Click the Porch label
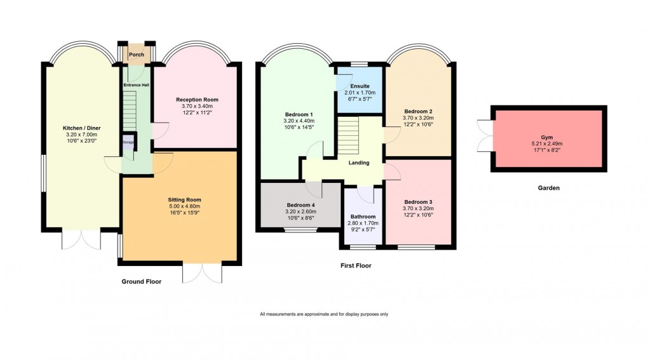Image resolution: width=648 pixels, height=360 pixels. tap(137, 55)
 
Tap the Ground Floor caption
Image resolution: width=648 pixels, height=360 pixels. tap(142, 281)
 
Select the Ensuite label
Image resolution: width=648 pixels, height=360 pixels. tap(360, 86)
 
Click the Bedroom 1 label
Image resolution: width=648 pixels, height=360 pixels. tap(296, 115)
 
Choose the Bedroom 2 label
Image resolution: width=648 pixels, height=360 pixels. tap(418, 112)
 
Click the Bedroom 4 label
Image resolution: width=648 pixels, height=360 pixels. tap(300, 205)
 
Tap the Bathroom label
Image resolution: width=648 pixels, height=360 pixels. tap(362, 217)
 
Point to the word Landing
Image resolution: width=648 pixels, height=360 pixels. tap(359, 163)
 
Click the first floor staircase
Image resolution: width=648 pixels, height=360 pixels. tap(348, 134)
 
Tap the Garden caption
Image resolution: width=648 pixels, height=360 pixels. tap(547, 188)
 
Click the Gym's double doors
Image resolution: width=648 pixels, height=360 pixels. tap(486, 137)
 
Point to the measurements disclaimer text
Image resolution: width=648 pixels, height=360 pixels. tap(323, 314)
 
